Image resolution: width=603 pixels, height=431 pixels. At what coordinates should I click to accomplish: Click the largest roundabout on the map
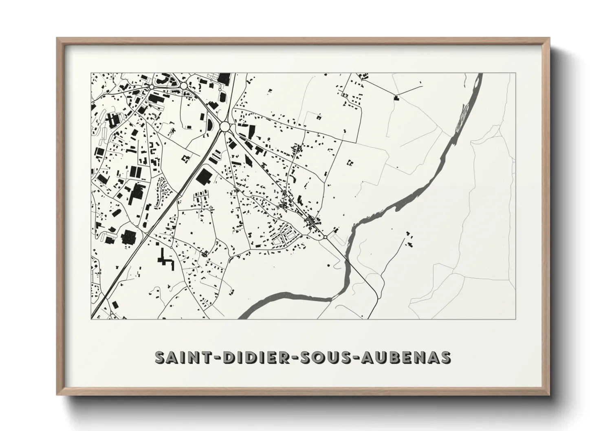click(224, 127)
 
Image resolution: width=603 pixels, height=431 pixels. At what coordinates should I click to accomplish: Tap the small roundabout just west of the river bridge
click(326, 237)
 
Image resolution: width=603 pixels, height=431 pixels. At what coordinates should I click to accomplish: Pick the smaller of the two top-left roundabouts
click(151, 87)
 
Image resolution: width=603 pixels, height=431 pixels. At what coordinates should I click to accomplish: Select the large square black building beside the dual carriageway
click(203, 176)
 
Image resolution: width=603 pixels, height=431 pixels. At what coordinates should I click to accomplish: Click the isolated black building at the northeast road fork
click(395, 97)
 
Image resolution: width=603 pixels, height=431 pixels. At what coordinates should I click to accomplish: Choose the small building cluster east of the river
click(409, 240)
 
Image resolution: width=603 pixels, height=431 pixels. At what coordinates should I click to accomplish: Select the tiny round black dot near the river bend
click(329, 266)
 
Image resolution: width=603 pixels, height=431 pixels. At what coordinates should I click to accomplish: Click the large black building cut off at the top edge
click(223, 78)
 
